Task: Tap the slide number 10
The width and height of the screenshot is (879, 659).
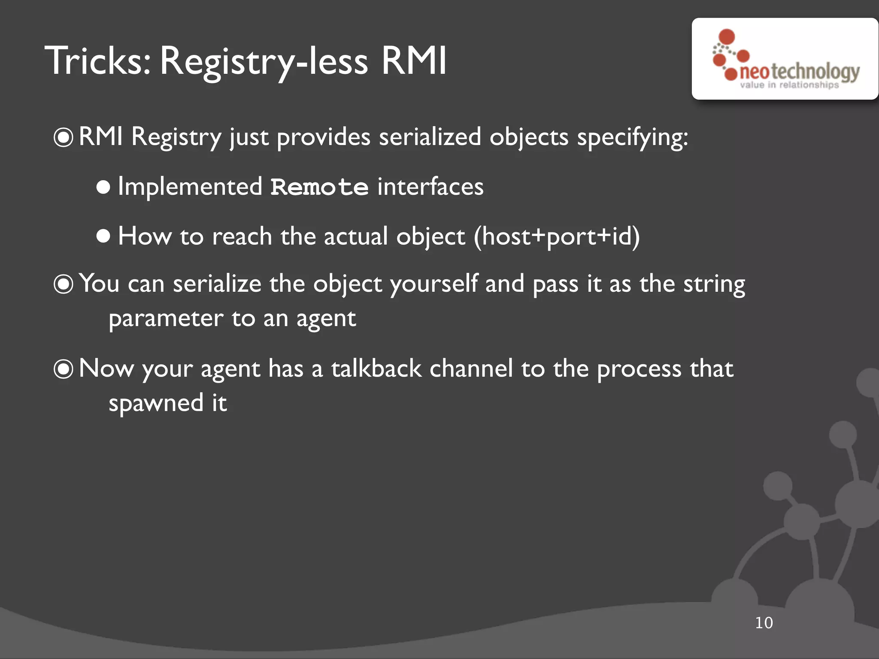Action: click(764, 623)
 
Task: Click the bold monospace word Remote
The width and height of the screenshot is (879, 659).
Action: click(319, 187)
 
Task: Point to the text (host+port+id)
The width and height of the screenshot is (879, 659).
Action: click(557, 236)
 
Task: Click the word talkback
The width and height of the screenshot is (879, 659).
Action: click(376, 369)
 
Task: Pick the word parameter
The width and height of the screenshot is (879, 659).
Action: click(166, 319)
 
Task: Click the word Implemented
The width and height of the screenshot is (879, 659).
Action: click(190, 187)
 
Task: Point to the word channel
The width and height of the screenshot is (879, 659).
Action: click(471, 369)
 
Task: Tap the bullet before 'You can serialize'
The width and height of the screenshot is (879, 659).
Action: click(64, 284)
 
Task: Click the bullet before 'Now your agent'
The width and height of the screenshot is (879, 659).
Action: click(64, 369)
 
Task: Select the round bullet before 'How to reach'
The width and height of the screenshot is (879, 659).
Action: click(103, 236)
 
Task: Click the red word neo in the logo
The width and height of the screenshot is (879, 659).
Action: click(755, 72)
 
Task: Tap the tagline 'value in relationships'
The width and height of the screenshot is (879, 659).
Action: click(789, 85)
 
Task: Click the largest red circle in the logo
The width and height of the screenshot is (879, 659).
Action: click(727, 36)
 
